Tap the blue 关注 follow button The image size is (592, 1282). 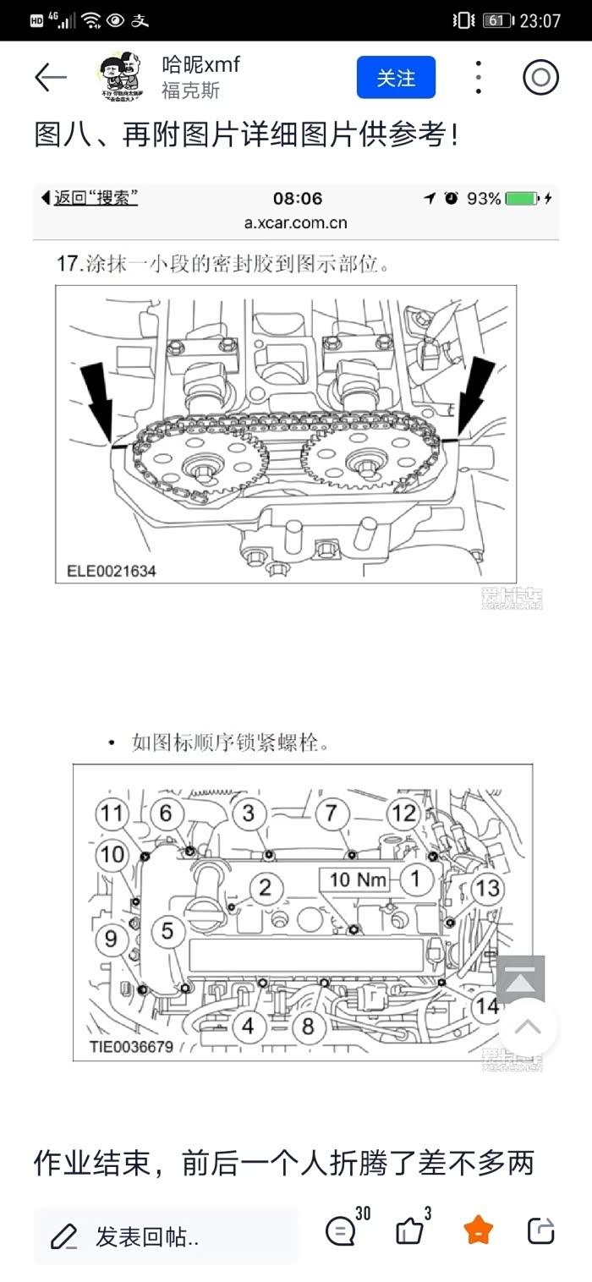[396, 78]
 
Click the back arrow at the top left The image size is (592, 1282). [51, 78]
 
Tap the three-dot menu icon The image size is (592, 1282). [478, 78]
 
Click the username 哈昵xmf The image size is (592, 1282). [200, 64]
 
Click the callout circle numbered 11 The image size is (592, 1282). [112, 814]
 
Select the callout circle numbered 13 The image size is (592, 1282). [487, 888]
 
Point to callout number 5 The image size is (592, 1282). [167, 931]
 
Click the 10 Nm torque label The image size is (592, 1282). [357, 879]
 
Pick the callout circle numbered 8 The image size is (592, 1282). [308, 1027]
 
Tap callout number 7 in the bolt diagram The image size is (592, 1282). [332, 814]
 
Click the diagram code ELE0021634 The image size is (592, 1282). [111, 571]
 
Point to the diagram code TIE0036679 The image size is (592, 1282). [131, 1047]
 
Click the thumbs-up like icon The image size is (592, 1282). [410, 1230]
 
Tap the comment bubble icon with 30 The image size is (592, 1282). [341, 1230]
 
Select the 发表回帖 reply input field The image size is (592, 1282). [165, 1236]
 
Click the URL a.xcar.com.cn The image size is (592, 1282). [296, 223]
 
